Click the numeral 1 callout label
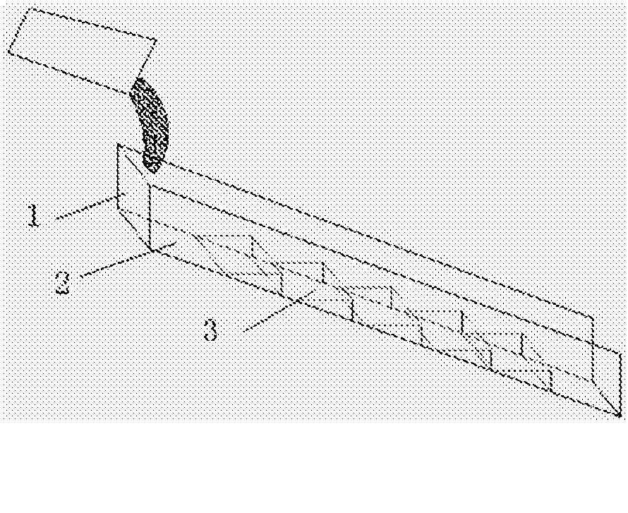pos(34,215)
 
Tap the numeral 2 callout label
pos(63,282)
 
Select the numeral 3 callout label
pos(211,330)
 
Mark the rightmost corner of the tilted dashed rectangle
pos(156,40)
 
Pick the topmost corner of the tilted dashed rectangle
pos(32,7)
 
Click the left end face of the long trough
pos(134,197)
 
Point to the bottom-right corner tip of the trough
pos(620,416)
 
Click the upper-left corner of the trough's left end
pos(118,144)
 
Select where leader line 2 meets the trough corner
pos(152,251)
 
